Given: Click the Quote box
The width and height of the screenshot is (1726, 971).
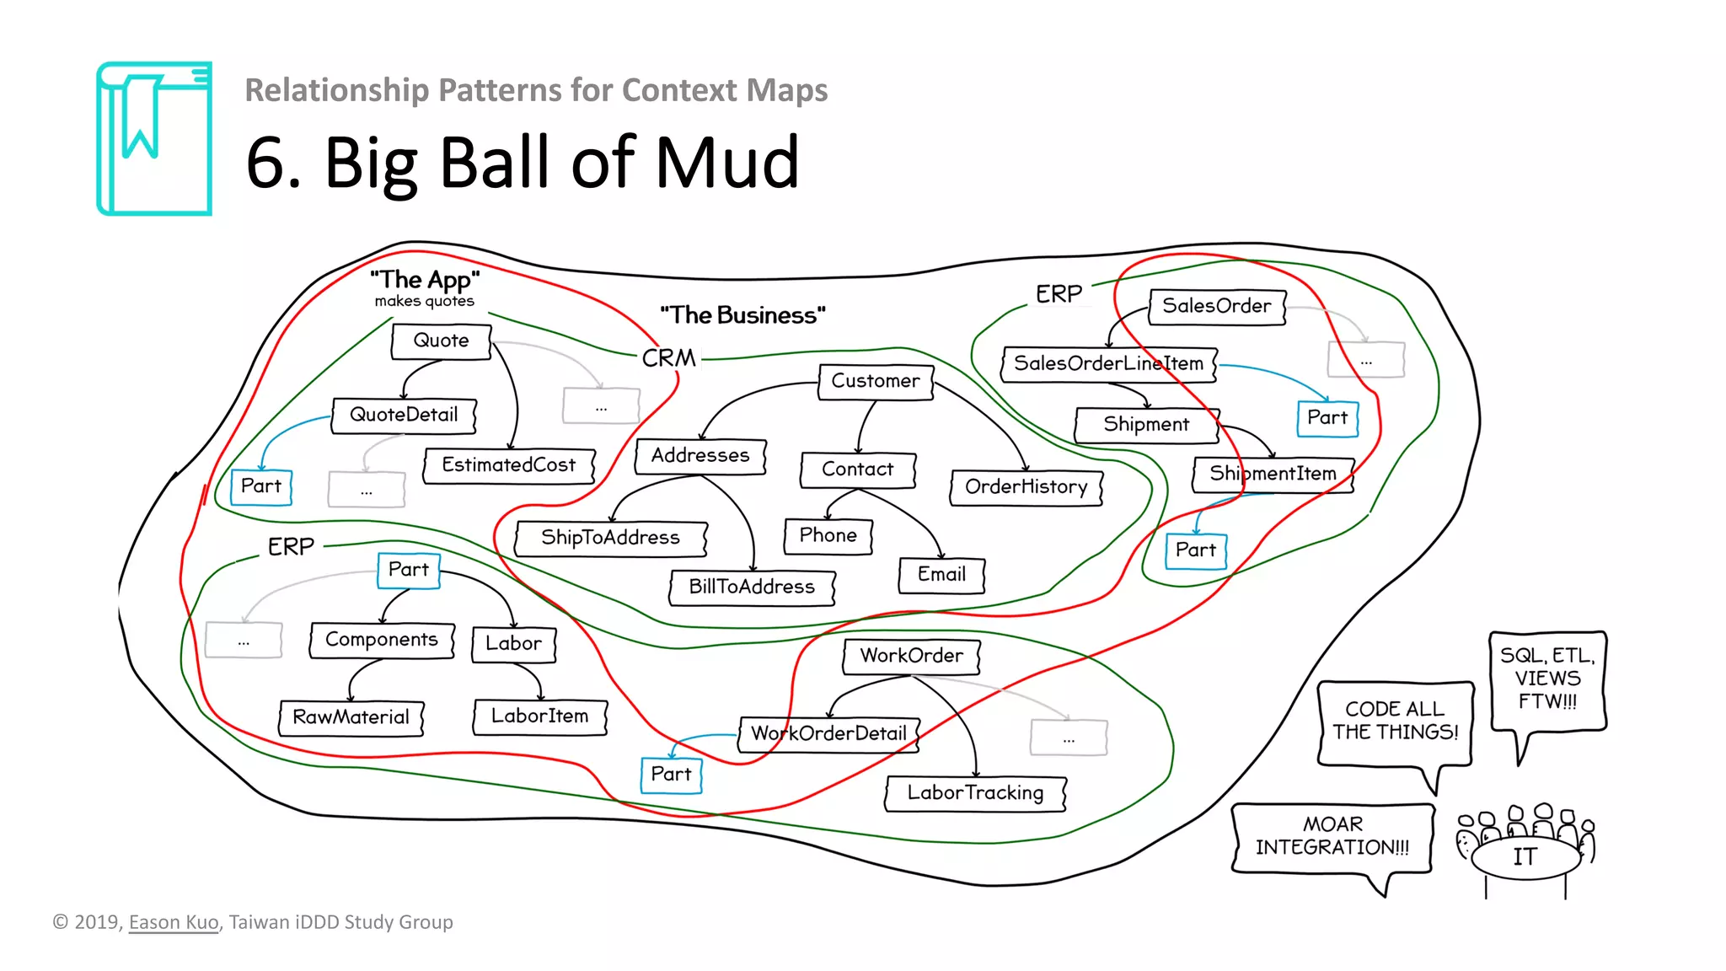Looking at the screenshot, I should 441,341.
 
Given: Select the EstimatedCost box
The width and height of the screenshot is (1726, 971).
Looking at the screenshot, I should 508,465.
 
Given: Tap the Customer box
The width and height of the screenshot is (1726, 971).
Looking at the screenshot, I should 876,382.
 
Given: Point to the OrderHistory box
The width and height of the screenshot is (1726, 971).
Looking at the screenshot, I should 1026,487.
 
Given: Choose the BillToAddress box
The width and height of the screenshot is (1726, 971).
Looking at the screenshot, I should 752,587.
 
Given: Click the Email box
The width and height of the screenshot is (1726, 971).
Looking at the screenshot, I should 941,575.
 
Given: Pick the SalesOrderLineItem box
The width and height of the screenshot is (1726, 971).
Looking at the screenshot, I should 1108,364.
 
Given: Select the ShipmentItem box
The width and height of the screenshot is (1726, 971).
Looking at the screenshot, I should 1273,475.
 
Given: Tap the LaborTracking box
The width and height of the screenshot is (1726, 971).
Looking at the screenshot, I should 975,793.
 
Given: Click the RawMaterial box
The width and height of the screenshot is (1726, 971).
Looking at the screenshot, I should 351,717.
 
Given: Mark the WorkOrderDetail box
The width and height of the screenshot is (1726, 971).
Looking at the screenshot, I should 828,733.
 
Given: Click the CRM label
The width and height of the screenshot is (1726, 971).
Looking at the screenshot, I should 669,358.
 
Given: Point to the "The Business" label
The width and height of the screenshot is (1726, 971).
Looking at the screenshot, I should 742,315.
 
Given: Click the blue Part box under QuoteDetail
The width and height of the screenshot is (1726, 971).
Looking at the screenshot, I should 261,487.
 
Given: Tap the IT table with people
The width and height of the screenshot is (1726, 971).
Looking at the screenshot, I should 1525,856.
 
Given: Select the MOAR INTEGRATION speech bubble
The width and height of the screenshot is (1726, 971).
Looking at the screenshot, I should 1332,837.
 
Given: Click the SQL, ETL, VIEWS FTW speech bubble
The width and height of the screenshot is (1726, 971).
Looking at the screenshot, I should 1547,679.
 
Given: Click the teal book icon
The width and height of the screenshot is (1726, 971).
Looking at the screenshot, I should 154,139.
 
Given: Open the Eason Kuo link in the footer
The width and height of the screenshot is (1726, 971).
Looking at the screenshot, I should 174,922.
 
